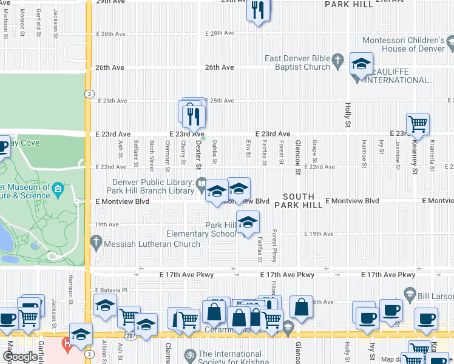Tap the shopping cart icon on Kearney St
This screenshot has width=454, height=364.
point(418,124)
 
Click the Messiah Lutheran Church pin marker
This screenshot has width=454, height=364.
point(95,243)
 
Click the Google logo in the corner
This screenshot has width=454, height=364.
point(19,357)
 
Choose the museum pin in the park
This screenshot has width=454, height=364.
point(58,189)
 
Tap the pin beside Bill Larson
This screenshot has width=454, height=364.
point(410,294)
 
